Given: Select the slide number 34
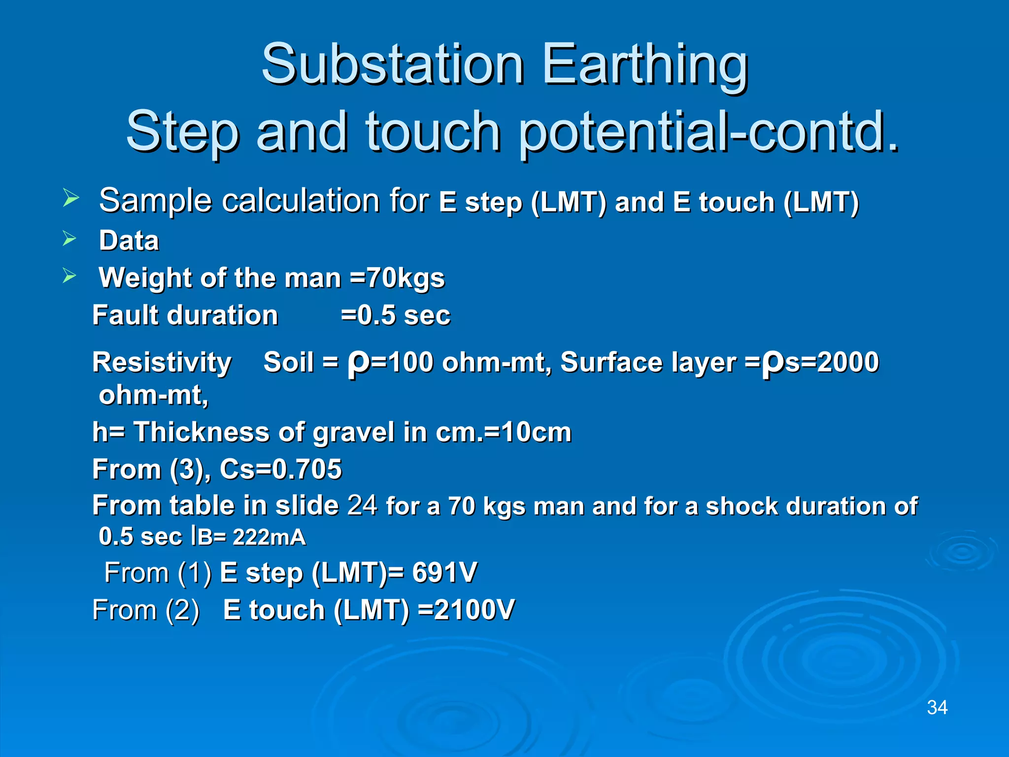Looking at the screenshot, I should coord(937,708).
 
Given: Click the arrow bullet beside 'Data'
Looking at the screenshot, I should coord(70,239).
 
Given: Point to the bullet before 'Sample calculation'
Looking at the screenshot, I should coord(70,199).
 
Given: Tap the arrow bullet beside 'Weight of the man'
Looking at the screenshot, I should coord(70,276).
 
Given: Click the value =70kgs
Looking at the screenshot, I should coord(397,278).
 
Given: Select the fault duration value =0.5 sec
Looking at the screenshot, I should coord(396,315).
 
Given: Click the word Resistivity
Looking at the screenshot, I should coord(162,363).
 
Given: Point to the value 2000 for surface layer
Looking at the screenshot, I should coord(847,362).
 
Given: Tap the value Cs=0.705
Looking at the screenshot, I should coord(280,469).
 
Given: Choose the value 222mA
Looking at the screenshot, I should coord(269,537).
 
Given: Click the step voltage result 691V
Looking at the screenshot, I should coord(444,573).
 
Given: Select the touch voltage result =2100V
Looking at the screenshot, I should coord(466,610).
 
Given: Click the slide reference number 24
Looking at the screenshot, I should coord(362,505).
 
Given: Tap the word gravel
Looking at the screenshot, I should coord(353,432).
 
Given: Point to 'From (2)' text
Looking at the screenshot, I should coord(146,610).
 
